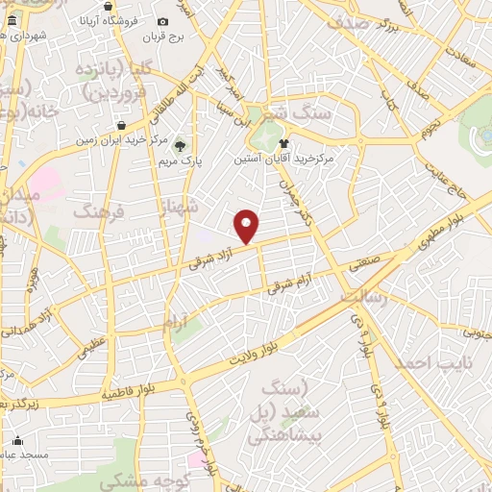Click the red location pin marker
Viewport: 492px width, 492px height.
[248, 226]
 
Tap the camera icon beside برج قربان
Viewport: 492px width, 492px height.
[162, 22]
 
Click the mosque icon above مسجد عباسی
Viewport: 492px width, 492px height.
[17, 441]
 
